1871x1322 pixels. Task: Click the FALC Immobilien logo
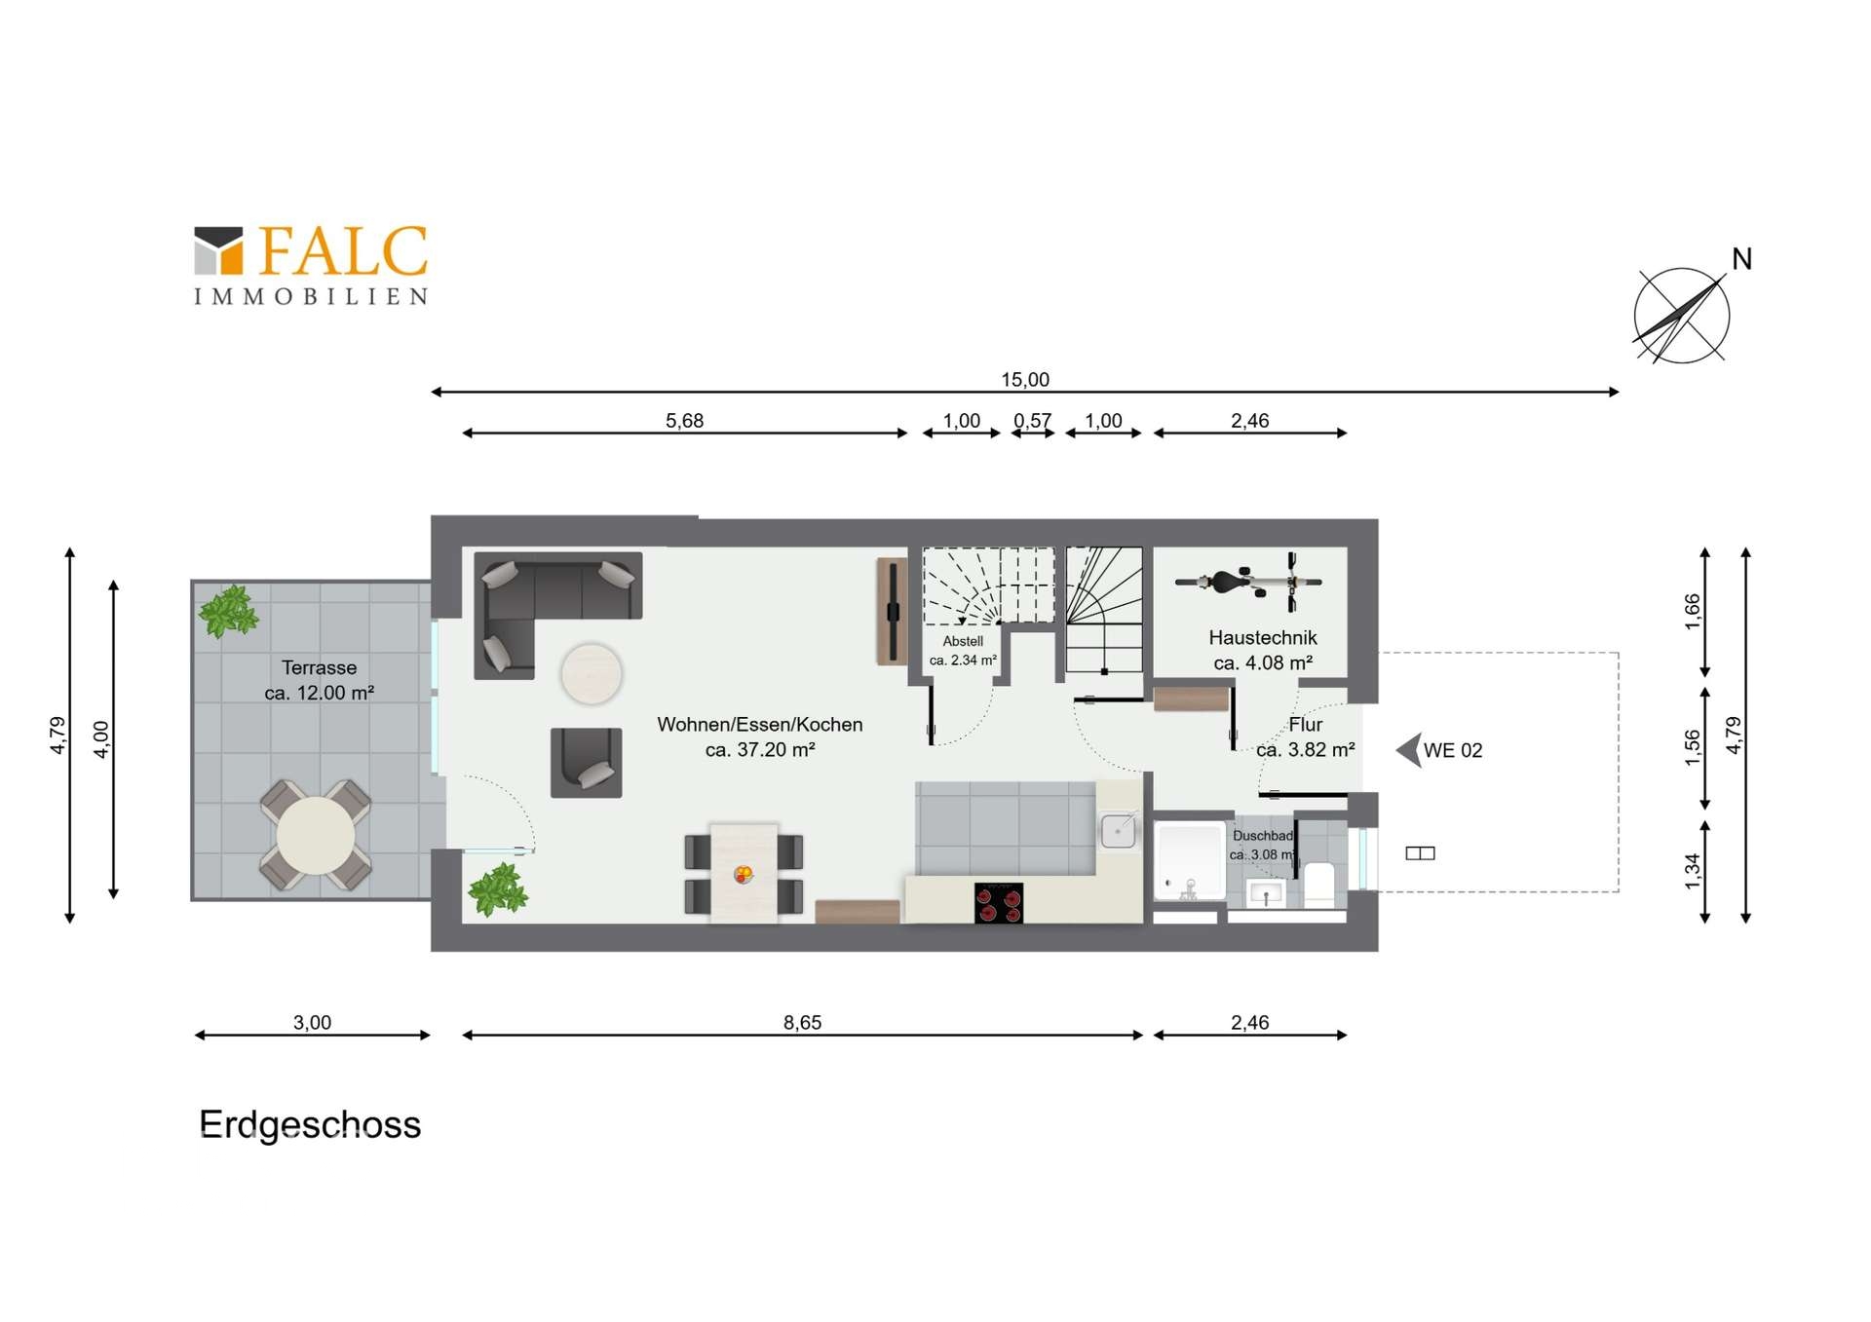(x=310, y=264)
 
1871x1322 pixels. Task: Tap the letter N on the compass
(x=1741, y=259)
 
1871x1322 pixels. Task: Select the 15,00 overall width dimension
(x=1024, y=380)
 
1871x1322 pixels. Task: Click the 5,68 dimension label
(x=684, y=421)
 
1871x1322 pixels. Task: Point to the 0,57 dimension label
(x=1032, y=421)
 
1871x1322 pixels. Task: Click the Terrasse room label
(x=319, y=668)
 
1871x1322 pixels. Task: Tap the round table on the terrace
(x=315, y=835)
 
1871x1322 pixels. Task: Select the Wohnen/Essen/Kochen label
(x=759, y=725)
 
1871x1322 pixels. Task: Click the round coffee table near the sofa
(x=591, y=673)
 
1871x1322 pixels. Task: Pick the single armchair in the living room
(x=586, y=762)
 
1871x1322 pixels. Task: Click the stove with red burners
(x=998, y=903)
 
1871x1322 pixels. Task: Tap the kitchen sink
(x=1118, y=831)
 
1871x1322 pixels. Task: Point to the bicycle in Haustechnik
(x=1248, y=582)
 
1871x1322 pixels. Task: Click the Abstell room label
(x=963, y=641)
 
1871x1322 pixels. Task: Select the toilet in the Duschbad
(x=1318, y=883)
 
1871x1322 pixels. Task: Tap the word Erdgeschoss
(x=310, y=1125)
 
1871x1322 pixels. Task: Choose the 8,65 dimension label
(x=802, y=1023)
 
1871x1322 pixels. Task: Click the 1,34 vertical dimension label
(x=1693, y=870)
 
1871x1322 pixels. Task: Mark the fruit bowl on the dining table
(x=744, y=874)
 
